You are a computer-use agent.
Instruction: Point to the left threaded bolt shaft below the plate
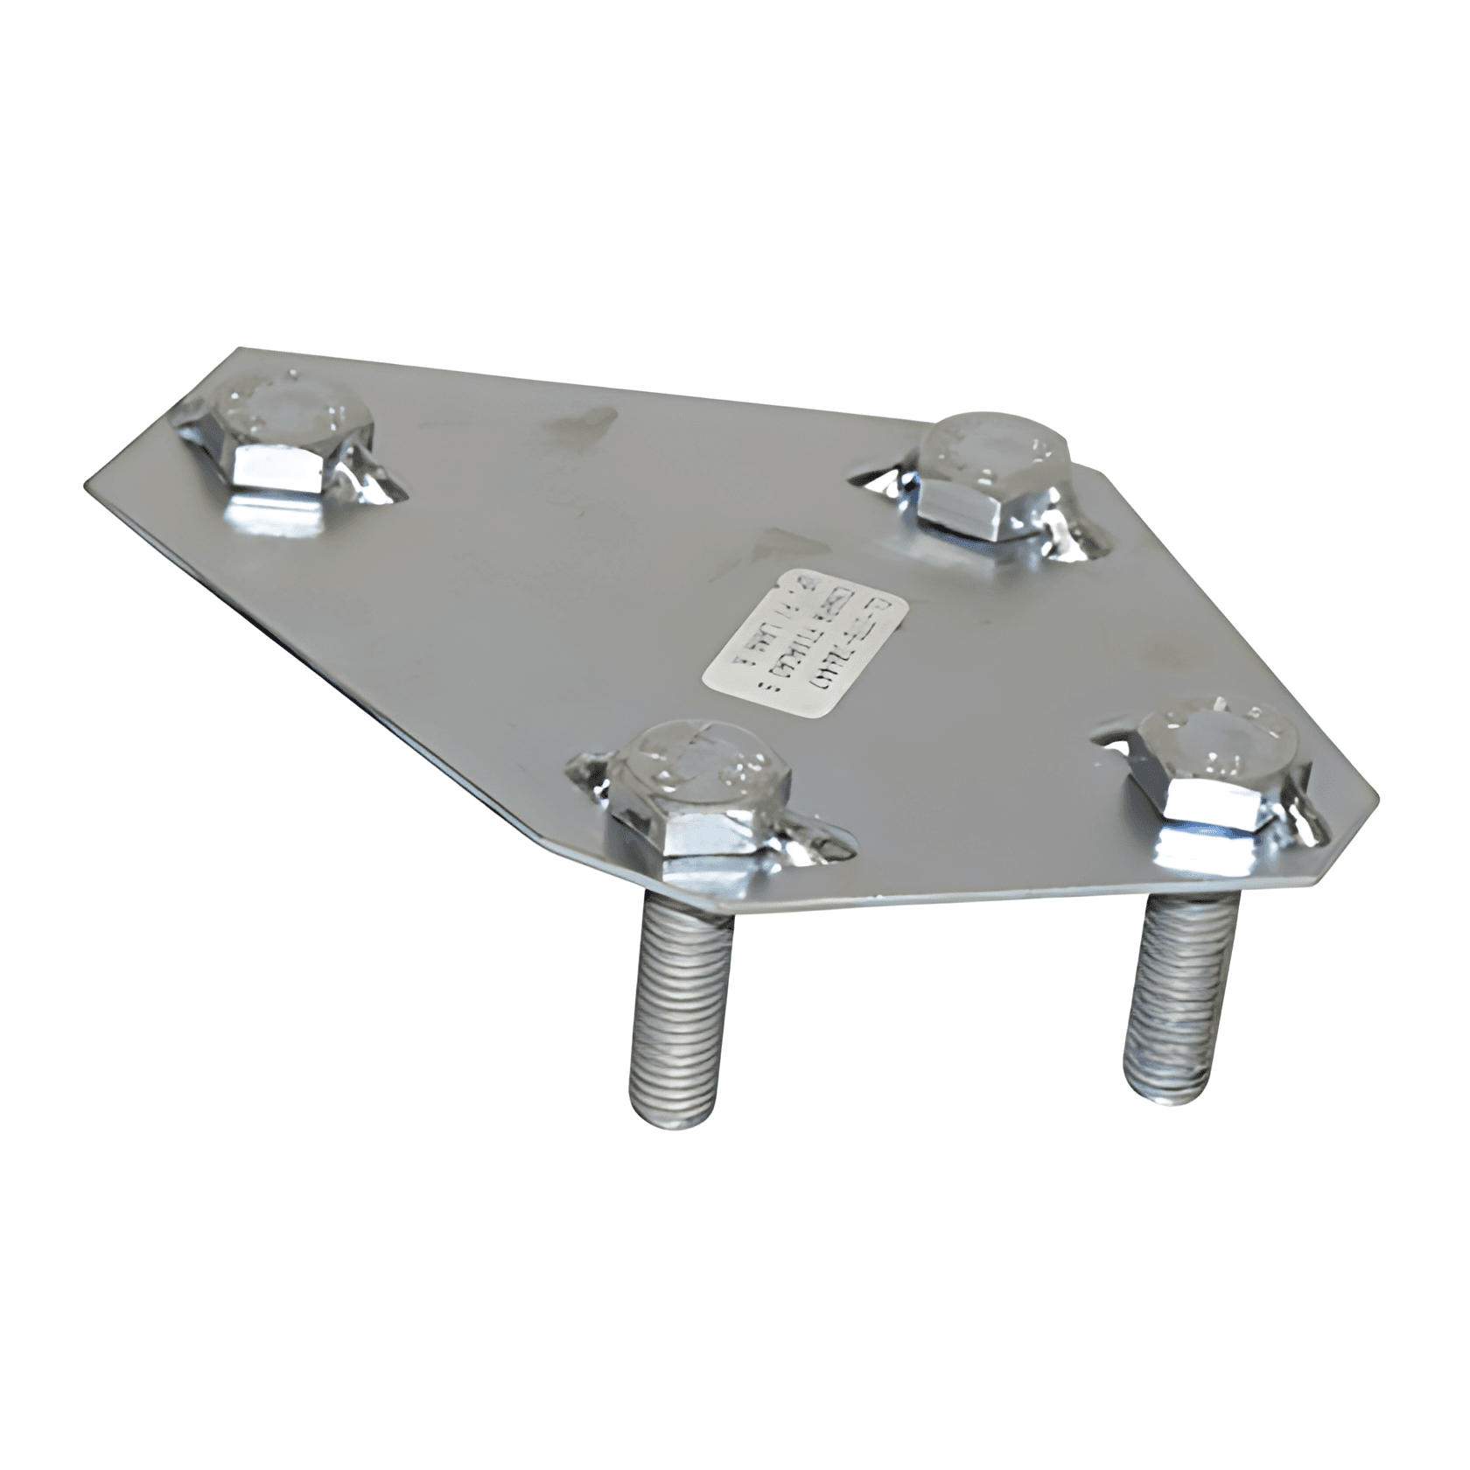679,1006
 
